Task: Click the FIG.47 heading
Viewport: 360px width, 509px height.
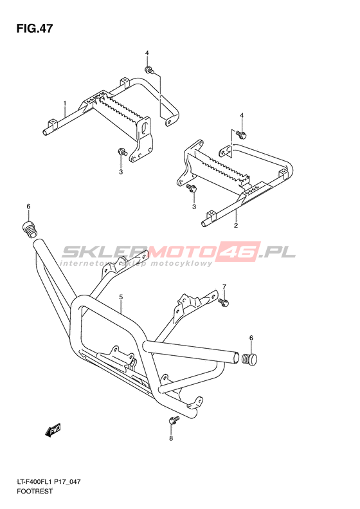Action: (x=35, y=28)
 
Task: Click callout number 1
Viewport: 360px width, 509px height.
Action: (x=65, y=104)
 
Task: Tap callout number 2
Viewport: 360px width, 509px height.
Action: (x=236, y=225)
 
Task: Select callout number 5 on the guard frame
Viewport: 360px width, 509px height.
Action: (x=121, y=297)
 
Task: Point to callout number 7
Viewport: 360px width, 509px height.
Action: (x=224, y=286)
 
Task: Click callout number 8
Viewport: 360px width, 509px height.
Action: (x=171, y=439)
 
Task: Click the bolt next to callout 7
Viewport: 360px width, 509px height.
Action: (x=224, y=302)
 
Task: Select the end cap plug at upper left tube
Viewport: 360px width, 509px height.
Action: (x=30, y=230)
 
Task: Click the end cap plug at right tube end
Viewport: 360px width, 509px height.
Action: (x=249, y=359)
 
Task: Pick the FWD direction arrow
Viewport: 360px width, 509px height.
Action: (x=53, y=430)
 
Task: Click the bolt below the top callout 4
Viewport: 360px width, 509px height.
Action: (x=149, y=69)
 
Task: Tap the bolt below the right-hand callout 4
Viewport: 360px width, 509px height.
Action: (x=240, y=133)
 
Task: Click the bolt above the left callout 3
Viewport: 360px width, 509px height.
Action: (x=122, y=151)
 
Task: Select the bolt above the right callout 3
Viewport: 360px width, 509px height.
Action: (x=191, y=187)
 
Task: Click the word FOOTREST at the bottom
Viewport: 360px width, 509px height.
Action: (x=34, y=491)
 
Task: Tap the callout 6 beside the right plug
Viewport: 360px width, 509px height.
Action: (x=251, y=338)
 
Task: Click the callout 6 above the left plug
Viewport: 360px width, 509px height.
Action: (x=28, y=206)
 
